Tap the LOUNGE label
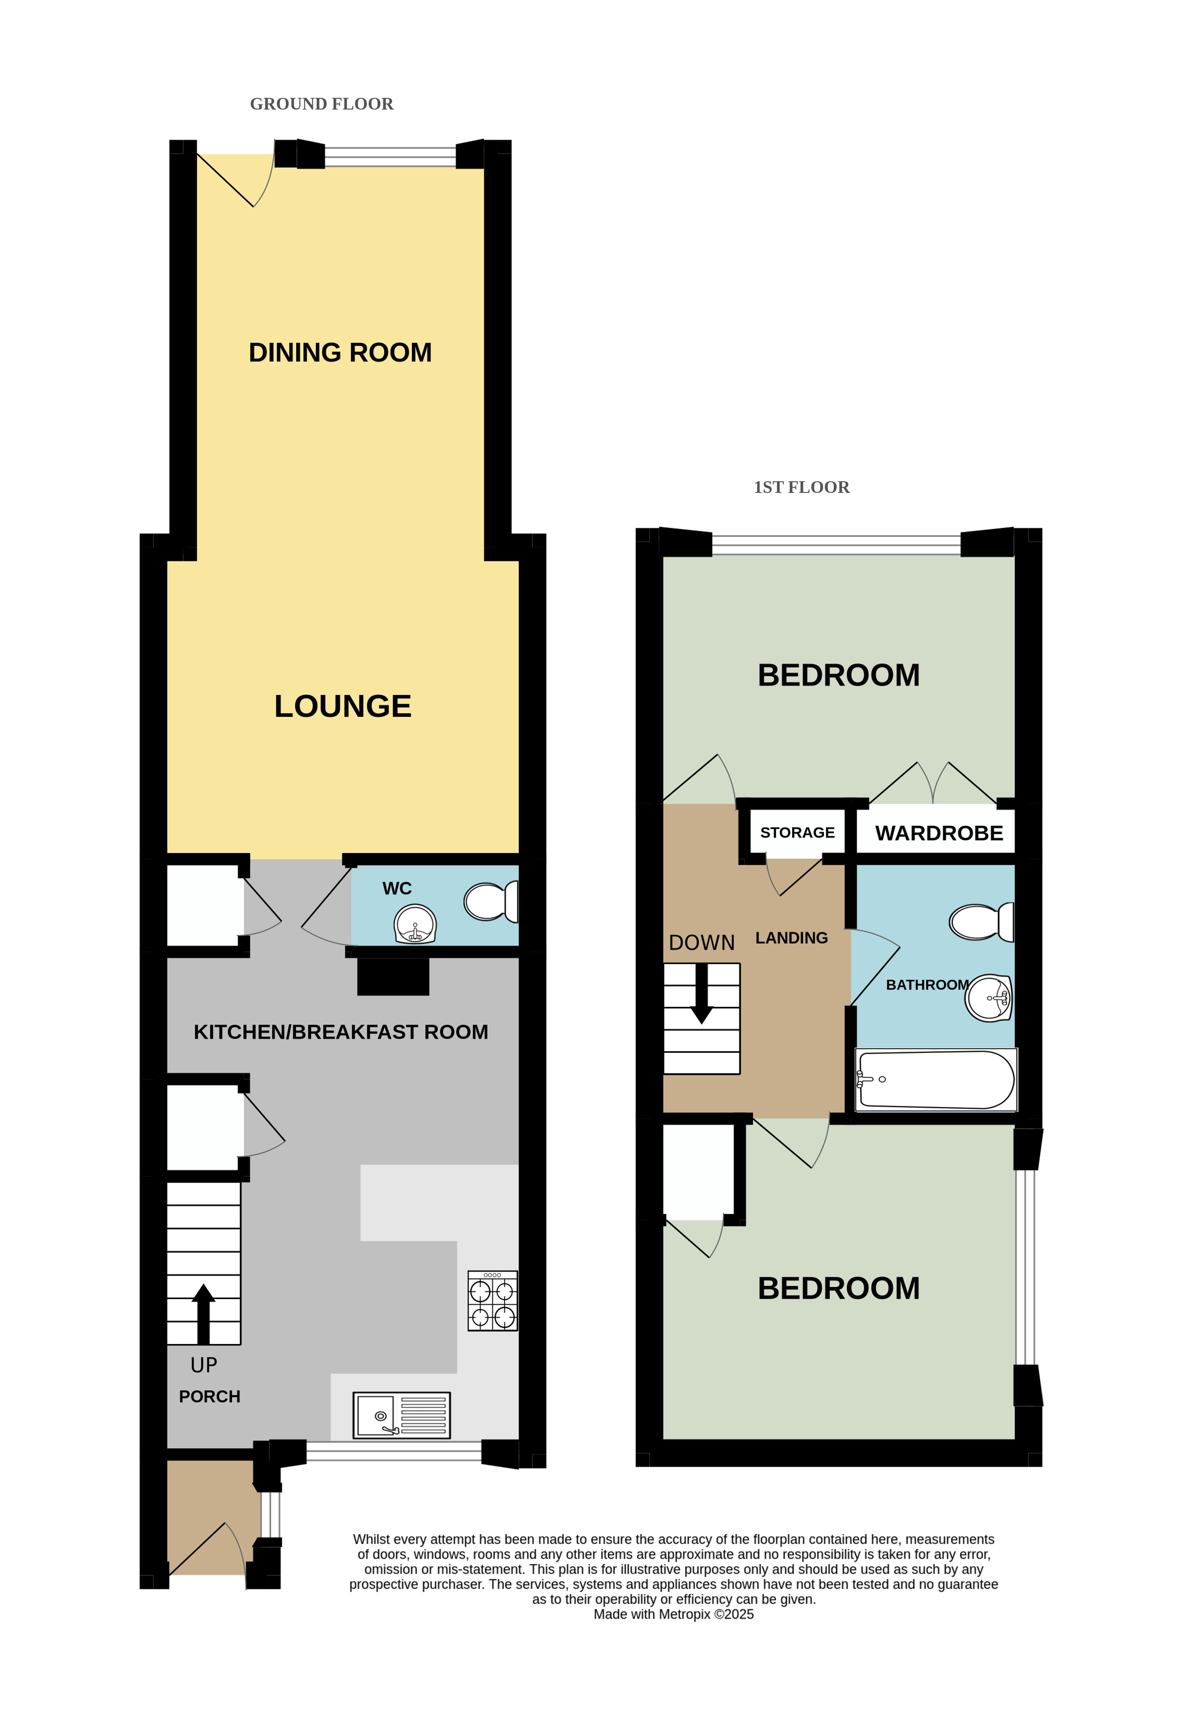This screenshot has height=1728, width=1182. tap(343, 706)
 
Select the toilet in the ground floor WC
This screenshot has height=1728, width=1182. tap(491, 901)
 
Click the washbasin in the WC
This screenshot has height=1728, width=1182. tap(415, 924)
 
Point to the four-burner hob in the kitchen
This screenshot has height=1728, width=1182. tap(492, 1301)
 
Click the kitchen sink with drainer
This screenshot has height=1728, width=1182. tap(401, 1415)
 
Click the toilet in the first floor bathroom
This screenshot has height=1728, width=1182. tap(981, 922)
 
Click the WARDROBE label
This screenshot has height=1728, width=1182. tap(939, 833)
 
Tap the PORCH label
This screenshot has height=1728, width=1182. tap(210, 1397)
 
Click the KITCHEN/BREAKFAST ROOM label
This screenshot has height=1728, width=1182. tap(341, 1032)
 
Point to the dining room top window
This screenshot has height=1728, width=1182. tap(390, 157)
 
